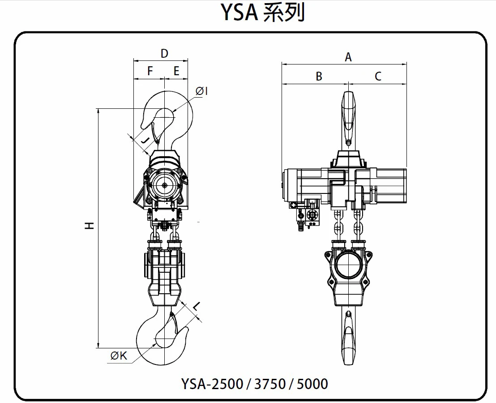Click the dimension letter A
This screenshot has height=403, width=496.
click(348, 57)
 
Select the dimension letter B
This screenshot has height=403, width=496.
click(319, 76)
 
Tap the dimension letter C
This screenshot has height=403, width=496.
click(378, 76)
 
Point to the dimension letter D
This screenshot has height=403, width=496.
click(164, 54)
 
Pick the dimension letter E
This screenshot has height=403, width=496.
click(176, 71)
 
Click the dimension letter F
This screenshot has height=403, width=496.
click(150, 71)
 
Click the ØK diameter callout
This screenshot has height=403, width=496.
click(119, 356)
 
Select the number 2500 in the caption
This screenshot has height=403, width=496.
click(224, 384)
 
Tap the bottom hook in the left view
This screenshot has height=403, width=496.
click(161, 338)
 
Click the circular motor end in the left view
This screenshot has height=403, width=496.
click(165, 186)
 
